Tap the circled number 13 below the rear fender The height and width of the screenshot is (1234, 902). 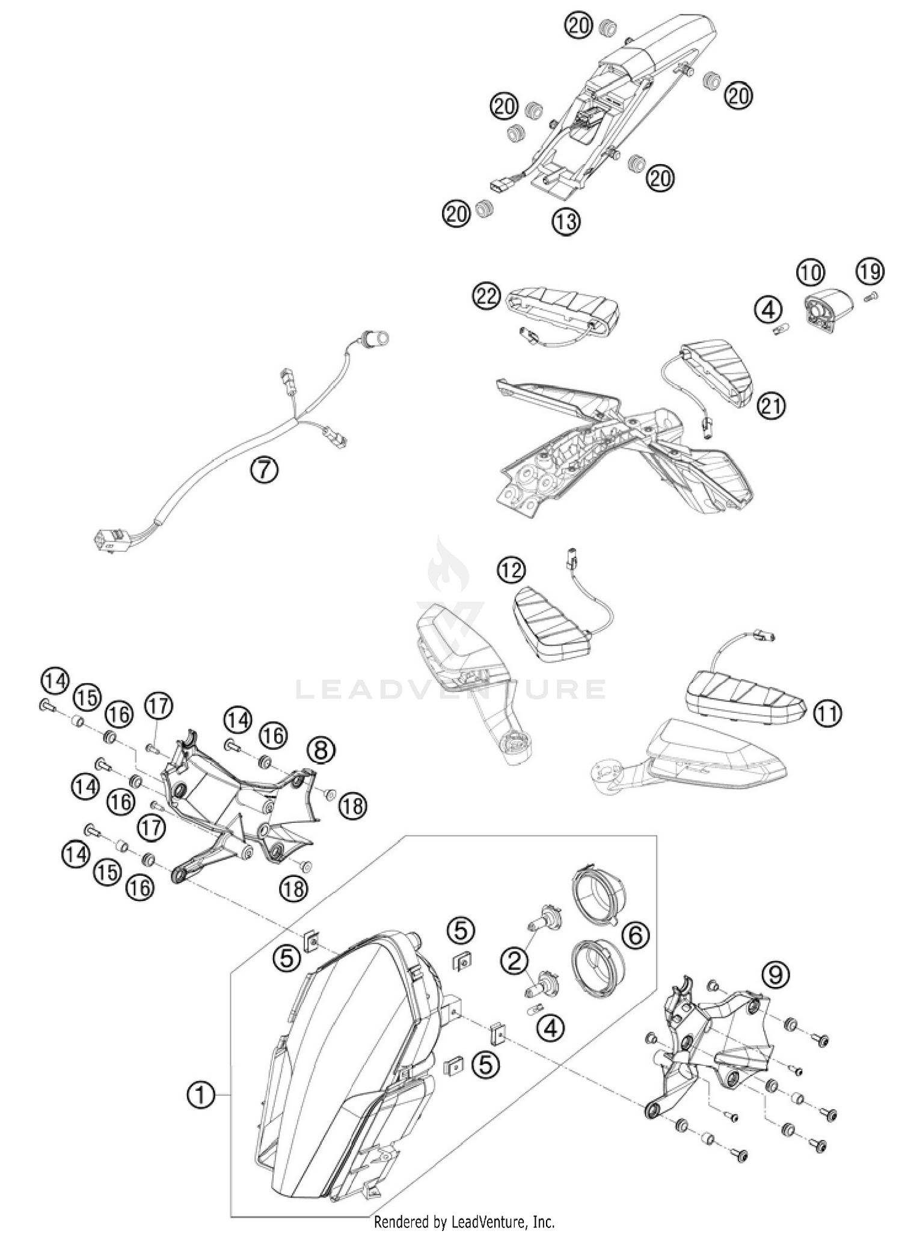point(566,222)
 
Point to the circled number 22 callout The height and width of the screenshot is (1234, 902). point(486,295)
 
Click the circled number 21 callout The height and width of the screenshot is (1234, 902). point(772,406)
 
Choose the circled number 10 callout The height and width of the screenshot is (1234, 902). point(811,273)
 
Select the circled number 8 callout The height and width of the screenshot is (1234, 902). point(321,750)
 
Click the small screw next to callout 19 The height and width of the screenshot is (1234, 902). point(871,295)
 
